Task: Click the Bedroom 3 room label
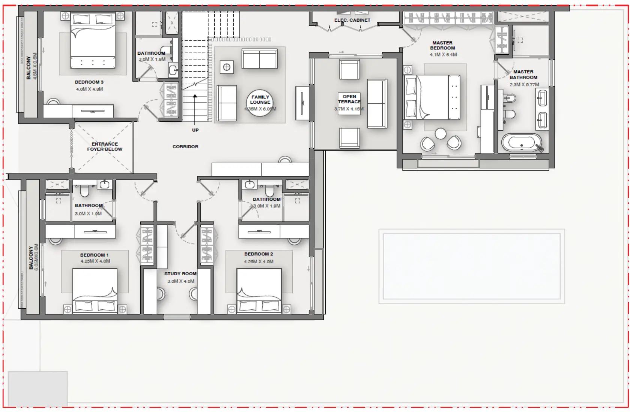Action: [89, 82]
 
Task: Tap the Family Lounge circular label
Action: [260, 102]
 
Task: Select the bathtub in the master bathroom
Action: [522, 143]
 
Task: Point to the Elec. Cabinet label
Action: [352, 20]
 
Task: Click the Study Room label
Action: [180, 274]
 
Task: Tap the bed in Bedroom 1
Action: [95, 290]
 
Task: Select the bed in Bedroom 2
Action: [259, 290]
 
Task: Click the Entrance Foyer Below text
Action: [105, 146]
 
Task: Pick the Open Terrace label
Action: [349, 99]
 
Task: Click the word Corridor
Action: [185, 146]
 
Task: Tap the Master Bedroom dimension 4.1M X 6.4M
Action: [443, 55]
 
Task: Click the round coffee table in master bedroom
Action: [441, 134]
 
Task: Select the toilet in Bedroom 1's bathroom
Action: [84, 191]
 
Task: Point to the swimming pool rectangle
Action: [472, 266]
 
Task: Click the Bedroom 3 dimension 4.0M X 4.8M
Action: [89, 90]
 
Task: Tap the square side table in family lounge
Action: [227, 67]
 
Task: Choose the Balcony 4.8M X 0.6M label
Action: [32, 67]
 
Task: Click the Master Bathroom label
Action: [523, 75]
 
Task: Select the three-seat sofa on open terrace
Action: [377, 103]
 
